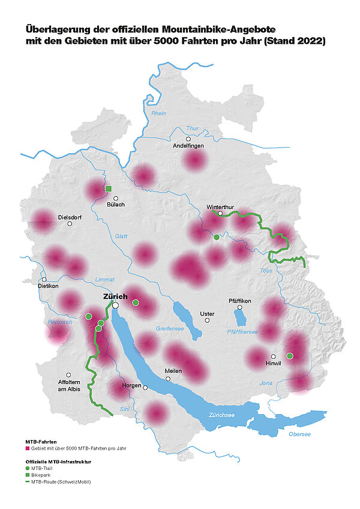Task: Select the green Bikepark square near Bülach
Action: point(109,189)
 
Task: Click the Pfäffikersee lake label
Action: point(242,331)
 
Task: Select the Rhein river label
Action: point(158,113)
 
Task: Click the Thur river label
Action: point(192,128)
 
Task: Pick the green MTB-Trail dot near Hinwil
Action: point(290,356)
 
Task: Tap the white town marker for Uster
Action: point(207,320)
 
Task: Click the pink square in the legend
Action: point(27,448)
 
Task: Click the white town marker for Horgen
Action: point(145,388)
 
